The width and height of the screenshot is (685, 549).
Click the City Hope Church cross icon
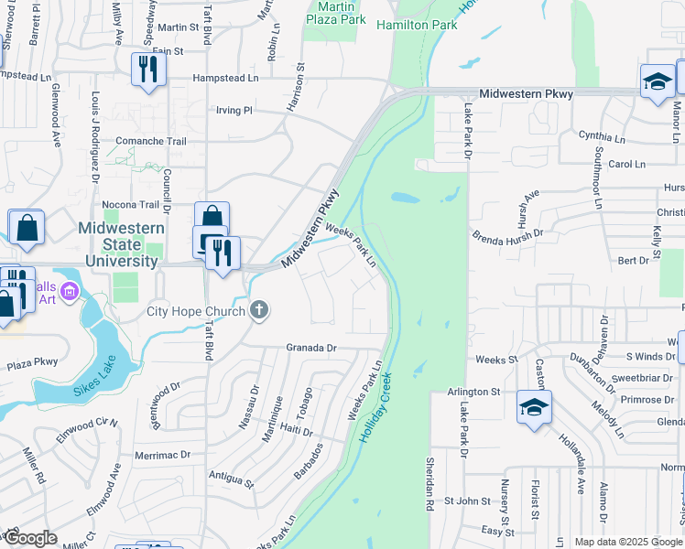coord(259,311)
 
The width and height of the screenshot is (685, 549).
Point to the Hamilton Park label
coord(417,25)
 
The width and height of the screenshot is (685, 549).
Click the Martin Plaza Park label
coord(335,12)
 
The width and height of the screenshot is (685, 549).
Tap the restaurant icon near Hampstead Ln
coord(146,69)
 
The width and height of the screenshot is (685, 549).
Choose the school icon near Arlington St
coord(534,406)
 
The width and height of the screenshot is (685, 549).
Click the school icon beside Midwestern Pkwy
coord(657,81)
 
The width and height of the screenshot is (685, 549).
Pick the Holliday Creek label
coord(376,408)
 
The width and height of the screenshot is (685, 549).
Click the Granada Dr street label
coord(311,348)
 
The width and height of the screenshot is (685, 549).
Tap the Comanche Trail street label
coord(150,142)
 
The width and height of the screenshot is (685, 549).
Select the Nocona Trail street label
coord(131,204)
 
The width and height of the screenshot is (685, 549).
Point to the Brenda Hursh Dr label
coord(507,233)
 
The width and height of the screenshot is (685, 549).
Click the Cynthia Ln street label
coord(602,135)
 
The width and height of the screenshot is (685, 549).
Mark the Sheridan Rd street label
coord(428,484)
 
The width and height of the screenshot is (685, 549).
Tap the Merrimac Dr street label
coord(161,454)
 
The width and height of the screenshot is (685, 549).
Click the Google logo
coord(30,538)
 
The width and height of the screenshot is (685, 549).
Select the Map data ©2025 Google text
coord(628,542)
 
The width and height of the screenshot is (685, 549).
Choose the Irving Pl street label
coord(233,110)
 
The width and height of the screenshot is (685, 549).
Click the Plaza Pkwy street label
coord(32,362)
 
